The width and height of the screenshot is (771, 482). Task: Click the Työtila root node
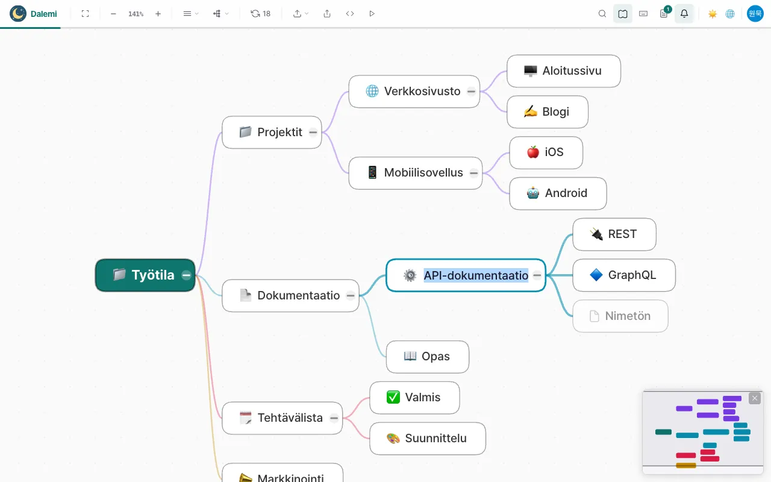coord(145,275)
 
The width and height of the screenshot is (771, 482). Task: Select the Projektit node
coord(272,132)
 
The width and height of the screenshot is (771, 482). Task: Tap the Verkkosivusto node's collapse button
coord(471,92)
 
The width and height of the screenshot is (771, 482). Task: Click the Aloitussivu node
coord(564,71)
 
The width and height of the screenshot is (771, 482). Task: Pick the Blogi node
coord(548,112)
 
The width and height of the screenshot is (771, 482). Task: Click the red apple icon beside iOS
coord(533,152)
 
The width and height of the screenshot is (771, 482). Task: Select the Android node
coord(558,193)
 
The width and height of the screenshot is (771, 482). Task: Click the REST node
coord(614,234)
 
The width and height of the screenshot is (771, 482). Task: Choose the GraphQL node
coord(624,275)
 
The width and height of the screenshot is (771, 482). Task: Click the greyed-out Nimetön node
coord(620,316)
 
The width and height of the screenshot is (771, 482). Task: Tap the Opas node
coord(428,357)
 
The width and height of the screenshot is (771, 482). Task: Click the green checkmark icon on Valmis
coord(393,397)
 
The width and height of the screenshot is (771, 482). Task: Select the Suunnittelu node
coord(428,438)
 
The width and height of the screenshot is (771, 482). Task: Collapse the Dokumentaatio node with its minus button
coord(351,295)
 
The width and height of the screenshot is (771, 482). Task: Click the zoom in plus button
coord(158,14)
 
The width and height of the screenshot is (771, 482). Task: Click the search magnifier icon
coord(602,14)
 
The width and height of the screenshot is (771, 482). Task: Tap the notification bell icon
coord(684,14)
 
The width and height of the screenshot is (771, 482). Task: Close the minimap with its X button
coord(755,398)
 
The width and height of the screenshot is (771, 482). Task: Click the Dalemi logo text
coord(44,14)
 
